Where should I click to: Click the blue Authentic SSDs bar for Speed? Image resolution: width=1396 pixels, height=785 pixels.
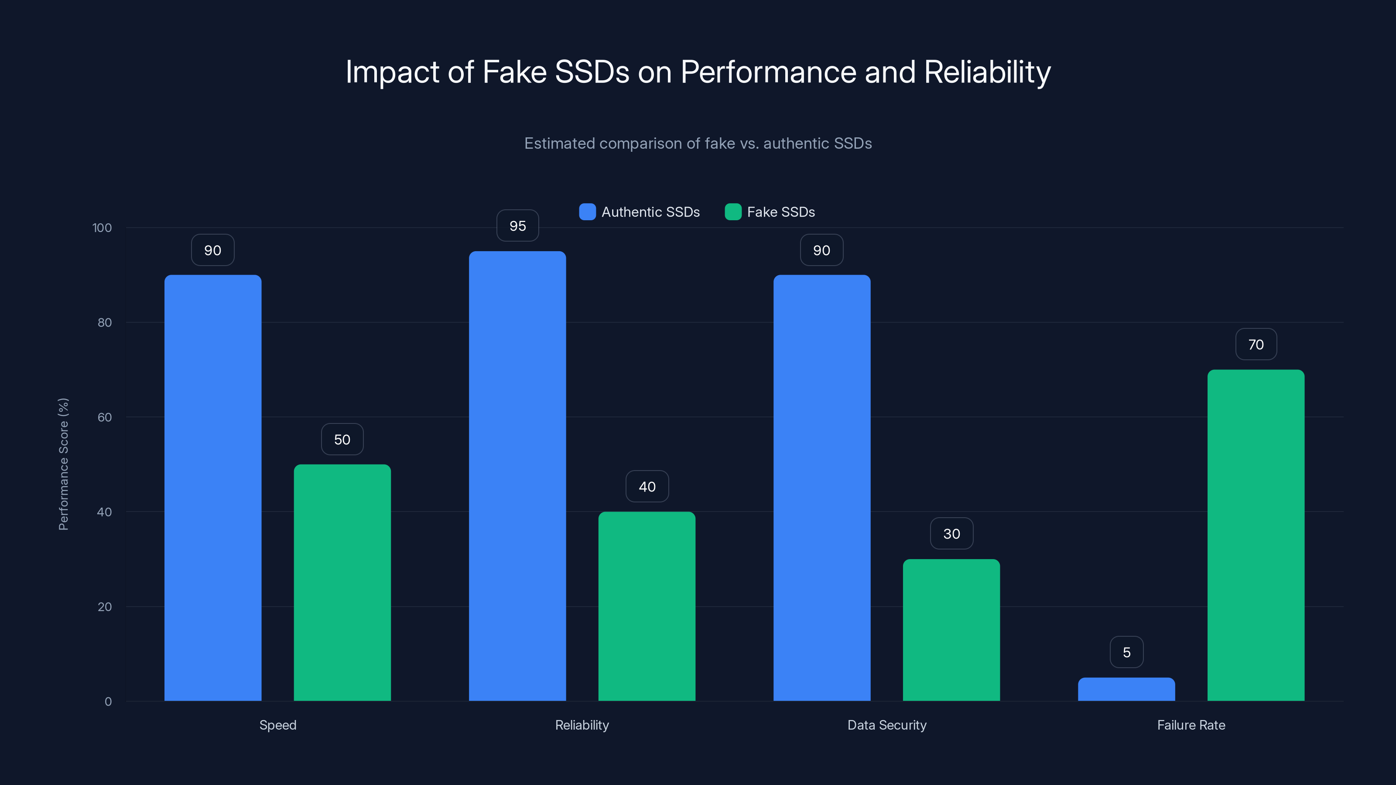click(212, 488)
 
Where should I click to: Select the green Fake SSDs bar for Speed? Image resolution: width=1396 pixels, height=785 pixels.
click(342, 582)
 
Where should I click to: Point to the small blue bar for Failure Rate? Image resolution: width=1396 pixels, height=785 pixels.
click(1126, 689)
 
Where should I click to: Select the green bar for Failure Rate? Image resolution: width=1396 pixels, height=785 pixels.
click(1256, 535)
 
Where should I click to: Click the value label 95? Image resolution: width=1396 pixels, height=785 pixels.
click(517, 226)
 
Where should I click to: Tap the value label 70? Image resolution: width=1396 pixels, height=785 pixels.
click(1256, 345)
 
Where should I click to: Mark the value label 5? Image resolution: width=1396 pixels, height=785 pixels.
click(1126, 652)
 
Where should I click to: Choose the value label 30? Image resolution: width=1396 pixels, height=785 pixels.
click(951, 534)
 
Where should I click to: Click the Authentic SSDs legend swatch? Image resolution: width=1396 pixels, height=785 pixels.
click(587, 212)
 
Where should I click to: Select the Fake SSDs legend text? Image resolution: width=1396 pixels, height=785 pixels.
click(780, 212)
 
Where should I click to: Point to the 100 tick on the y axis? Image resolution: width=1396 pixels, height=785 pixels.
click(102, 228)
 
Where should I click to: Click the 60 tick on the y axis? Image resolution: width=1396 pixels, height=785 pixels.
click(104, 417)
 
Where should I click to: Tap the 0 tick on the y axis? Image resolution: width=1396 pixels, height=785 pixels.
click(108, 702)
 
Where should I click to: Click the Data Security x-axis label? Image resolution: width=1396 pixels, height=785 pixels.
click(886, 725)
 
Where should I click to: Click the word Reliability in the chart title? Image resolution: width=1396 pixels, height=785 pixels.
click(987, 72)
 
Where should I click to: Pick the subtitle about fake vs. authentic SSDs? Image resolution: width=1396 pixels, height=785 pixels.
click(698, 143)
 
